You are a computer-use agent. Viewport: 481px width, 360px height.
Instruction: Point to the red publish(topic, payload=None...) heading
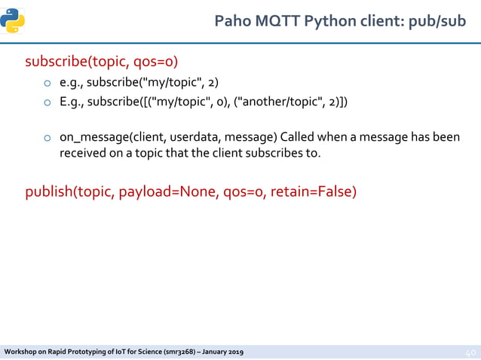[x=191, y=191]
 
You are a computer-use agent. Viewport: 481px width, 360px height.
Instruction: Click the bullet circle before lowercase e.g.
[x=47, y=83]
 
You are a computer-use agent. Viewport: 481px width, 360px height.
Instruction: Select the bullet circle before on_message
[x=47, y=139]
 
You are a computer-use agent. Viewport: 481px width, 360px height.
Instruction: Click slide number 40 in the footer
[x=468, y=352]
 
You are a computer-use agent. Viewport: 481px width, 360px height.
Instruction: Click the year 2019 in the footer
[x=233, y=352]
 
